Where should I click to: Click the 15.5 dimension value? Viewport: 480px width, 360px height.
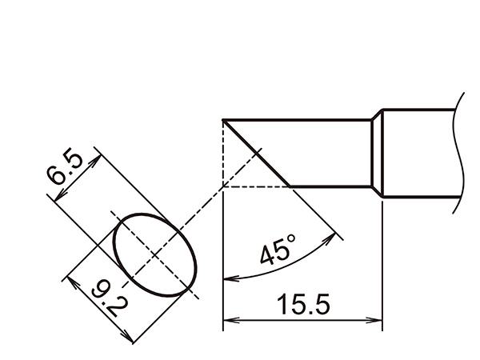(302, 304)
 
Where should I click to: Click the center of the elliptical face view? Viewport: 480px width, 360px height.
(155, 254)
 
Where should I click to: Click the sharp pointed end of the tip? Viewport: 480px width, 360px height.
(223, 121)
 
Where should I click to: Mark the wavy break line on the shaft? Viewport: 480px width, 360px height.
(459, 152)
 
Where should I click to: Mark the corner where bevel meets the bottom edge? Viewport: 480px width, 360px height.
(289, 186)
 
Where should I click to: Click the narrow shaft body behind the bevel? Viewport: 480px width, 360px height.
(328, 154)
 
